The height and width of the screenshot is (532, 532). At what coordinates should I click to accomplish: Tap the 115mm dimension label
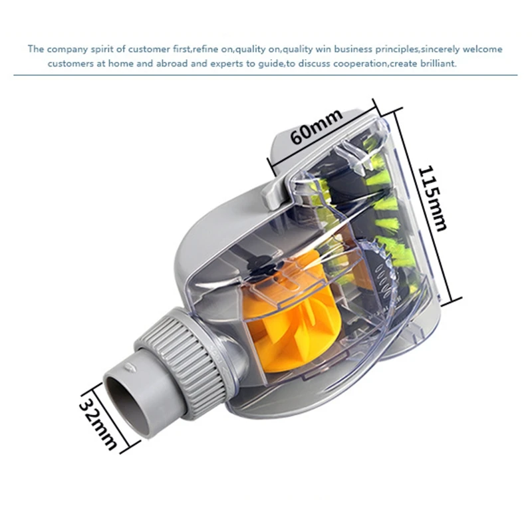(x=431, y=198)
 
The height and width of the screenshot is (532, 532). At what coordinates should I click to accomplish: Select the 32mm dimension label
(x=98, y=422)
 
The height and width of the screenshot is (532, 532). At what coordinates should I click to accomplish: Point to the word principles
(x=375, y=49)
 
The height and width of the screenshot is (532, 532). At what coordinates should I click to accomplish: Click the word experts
(x=231, y=64)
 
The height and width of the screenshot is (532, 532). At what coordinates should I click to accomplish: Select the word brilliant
(x=434, y=64)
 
